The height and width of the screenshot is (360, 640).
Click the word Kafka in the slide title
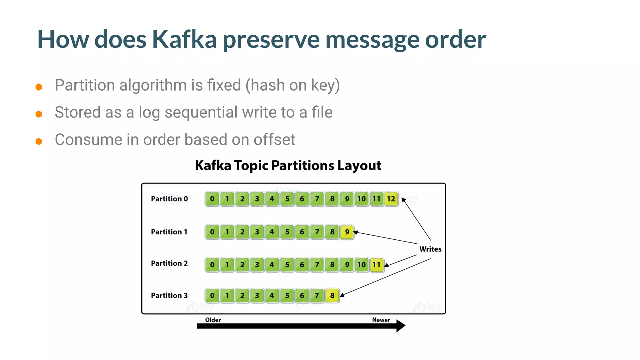(x=184, y=39)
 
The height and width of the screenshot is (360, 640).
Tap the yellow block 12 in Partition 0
(x=391, y=199)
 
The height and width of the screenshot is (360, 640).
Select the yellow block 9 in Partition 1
(x=347, y=232)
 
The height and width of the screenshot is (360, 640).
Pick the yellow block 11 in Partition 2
(x=377, y=265)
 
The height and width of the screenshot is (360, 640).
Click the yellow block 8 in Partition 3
(x=332, y=296)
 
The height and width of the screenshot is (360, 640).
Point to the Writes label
(x=430, y=249)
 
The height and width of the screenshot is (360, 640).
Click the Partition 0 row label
(x=169, y=199)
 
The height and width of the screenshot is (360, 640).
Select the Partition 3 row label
(x=169, y=296)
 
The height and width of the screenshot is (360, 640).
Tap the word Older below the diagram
(x=213, y=320)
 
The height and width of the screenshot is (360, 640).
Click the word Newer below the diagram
(x=381, y=320)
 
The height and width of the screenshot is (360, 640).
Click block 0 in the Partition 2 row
(x=212, y=265)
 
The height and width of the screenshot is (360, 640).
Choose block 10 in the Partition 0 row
(x=362, y=199)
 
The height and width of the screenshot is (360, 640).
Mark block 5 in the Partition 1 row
(x=287, y=232)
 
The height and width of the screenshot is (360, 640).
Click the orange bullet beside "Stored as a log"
(x=39, y=114)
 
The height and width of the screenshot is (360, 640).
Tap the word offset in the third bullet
(x=274, y=140)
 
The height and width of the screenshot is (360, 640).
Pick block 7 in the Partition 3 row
(x=317, y=296)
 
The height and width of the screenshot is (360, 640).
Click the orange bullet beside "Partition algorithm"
(x=39, y=87)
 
